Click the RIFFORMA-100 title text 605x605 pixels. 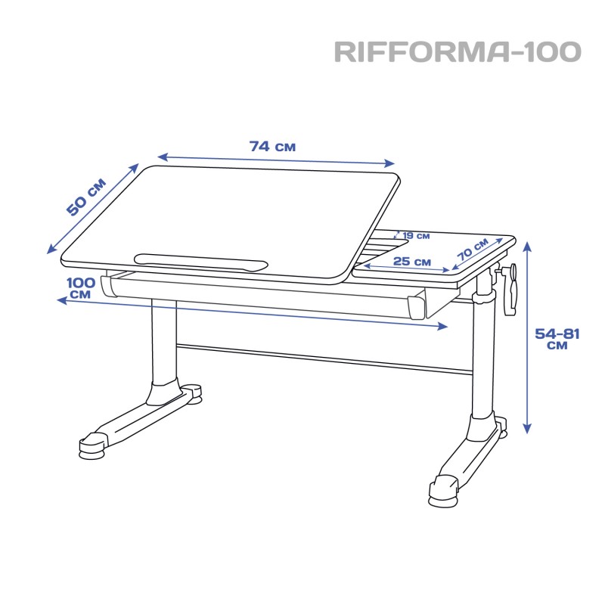[x=458, y=51]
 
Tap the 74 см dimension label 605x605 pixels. [x=272, y=147]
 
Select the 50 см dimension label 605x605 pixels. [x=85, y=197]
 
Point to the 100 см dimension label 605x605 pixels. [x=81, y=287]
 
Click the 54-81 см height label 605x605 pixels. [x=557, y=338]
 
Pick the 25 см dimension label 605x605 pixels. [x=411, y=262]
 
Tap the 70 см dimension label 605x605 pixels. [x=473, y=249]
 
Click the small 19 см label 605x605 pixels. [x=416, y=235]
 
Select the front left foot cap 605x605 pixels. [x=92, y=446]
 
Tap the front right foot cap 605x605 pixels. [x=444, y=492]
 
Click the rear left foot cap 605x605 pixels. [x=192, y=394]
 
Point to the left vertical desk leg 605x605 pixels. [x=164, y=343]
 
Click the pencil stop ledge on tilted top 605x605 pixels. [x=200, y=262]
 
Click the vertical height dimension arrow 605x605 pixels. [x=527, y=337]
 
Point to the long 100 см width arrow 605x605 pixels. [x=252, y=313]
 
